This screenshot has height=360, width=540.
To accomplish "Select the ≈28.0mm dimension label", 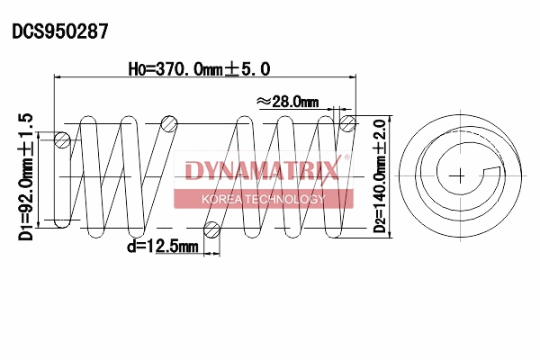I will tap(288, 102).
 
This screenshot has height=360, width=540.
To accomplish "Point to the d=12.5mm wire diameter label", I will tap(162, 246).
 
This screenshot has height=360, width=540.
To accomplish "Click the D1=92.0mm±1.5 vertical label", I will tap(25, 176).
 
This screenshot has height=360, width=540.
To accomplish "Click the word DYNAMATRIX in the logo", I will tap(262, 169).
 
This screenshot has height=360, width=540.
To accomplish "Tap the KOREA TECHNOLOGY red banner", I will tap(263, 198).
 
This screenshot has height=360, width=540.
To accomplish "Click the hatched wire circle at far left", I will tap(63, 139).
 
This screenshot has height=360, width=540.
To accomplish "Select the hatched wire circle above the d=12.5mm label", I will tap(212, 229).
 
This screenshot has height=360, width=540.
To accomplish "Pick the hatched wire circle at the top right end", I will tap(347, 123).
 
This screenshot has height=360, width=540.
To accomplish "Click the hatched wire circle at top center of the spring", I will tap(167, 123).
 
